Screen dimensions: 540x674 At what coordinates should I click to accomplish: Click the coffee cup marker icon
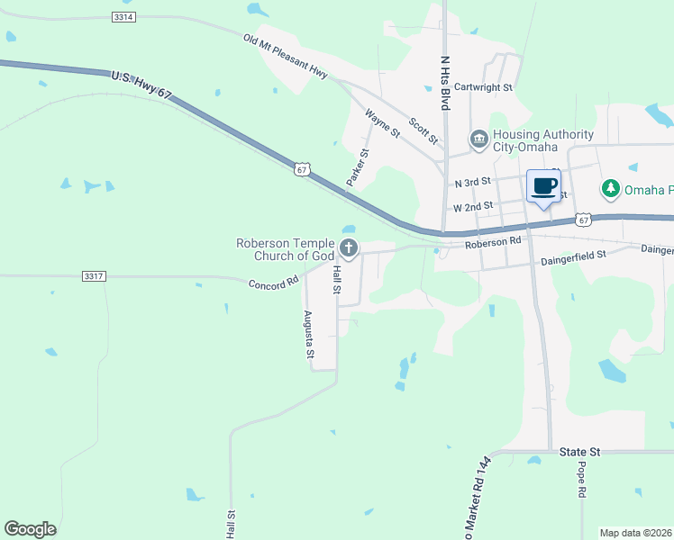click(543, 186)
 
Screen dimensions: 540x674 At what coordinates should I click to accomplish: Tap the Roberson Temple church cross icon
click(349, 248)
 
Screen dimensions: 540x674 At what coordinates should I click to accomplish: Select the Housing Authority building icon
click(478, 139)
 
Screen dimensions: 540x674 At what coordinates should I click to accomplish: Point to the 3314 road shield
click(124, 17)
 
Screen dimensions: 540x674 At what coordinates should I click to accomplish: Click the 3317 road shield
click(92, 275)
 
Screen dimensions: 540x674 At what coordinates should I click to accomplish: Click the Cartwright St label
click(483, 87)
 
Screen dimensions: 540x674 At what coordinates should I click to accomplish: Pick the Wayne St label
click(382, 122)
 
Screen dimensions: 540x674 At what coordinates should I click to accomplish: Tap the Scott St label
click(423, 130)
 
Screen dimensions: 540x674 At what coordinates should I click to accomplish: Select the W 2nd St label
click(472, 206)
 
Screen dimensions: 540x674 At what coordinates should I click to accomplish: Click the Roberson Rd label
click(493, 242)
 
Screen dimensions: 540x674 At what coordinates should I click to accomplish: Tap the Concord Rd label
click(273, 283)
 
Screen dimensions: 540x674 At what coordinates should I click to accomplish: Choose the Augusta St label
click(308, 335)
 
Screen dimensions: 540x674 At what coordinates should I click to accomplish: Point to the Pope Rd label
click(582, 481)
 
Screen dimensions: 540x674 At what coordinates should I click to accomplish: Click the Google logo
click(30, 529)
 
